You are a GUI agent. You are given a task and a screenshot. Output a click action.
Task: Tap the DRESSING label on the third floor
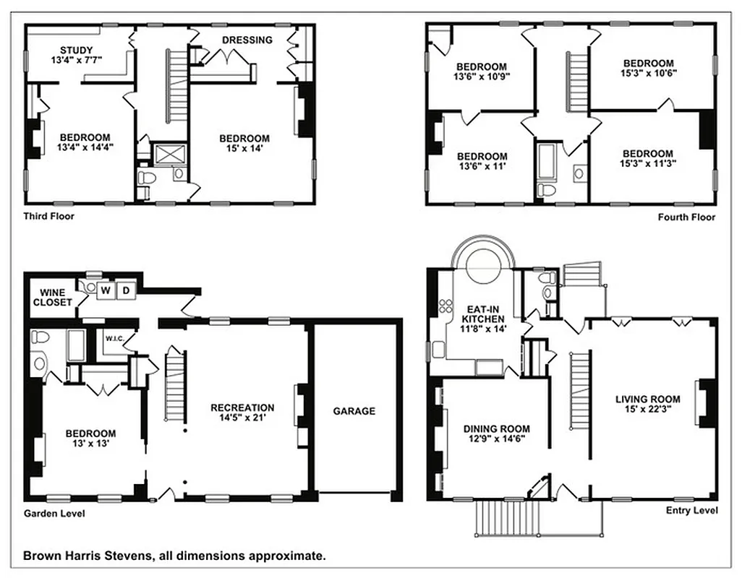click(x=247, y=40)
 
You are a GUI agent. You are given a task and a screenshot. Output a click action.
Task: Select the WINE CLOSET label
click(x=52, y=297)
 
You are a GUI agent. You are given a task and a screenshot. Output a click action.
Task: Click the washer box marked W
click(x=106, y=290)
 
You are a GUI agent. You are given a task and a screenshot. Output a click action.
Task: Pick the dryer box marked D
click(x=125, y=290)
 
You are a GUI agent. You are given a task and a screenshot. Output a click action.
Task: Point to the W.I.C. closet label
click(x=115, y=338)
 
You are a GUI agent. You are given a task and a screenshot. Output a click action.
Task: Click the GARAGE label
click(x=354, y=411)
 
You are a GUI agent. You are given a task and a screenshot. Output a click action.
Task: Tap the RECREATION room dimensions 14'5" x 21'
click(x=242, y=418)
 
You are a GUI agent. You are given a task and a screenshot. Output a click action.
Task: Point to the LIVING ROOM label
click(x=647, y=399)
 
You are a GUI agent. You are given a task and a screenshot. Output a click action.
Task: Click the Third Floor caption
click(x=48, y=216)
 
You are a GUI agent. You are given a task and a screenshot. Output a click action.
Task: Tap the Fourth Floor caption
click(x=686, y=217)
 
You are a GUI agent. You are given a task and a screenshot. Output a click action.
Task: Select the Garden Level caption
click(x=54, y=514)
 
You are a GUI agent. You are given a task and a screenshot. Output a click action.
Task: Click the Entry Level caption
click(x=691, y=511)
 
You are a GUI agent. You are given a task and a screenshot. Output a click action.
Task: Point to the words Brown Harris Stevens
click(x=83, y=556)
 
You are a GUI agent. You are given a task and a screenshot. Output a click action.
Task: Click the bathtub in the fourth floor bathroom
click(x=546, y=160)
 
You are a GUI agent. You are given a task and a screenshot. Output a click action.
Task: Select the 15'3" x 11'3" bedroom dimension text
click(x=647, y=164)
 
